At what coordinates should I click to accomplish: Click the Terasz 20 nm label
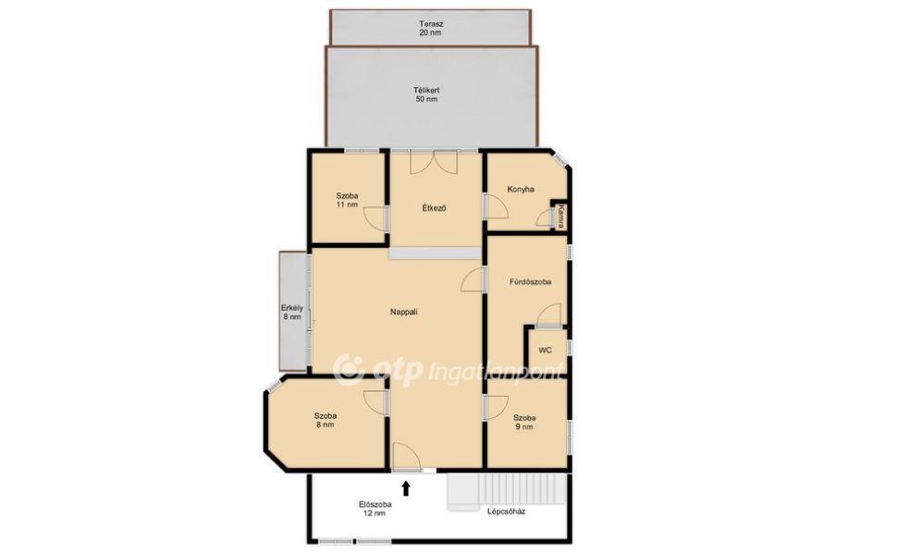tap(431, 29)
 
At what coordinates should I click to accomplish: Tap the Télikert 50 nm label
tap(426, 94)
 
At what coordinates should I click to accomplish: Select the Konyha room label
tap(521, 189)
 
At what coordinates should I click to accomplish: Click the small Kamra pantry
tap(560, 216)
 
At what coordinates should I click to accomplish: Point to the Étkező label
tap(434, 208)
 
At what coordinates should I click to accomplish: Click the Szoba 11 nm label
tap(347, 200)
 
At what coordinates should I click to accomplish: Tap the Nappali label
tap(403, 312)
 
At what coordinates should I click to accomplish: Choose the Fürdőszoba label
tap(530, 282)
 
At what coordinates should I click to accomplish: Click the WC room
tap(546, 350)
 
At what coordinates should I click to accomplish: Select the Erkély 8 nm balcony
tap(292, 312)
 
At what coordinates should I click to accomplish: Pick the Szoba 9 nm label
tap(524, 422)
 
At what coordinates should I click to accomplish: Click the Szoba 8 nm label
tap(325, 420)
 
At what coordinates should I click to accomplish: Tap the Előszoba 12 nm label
tap(375, 509)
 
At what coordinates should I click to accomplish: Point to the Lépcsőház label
tap(506, 512)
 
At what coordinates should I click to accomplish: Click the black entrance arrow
tap(406, 487)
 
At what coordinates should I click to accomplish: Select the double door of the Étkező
tap(434, 162)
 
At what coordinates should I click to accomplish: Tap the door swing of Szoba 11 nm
tap(376, 220)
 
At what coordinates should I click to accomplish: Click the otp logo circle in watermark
tap(348, 369)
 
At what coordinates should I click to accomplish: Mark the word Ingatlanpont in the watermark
tap(496, 373)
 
